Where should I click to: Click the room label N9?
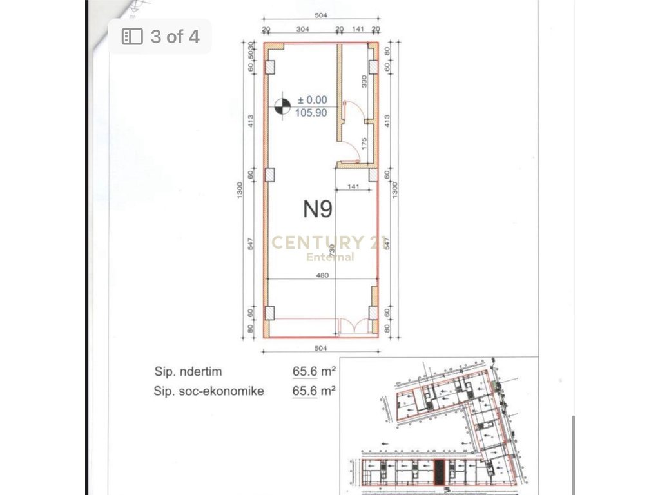318,208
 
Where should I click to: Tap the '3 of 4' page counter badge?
160,36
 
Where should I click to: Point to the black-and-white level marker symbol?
282,106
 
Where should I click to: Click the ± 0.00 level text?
313,100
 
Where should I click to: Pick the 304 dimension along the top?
302,30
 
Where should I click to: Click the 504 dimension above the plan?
320,15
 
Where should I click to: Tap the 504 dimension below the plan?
320,348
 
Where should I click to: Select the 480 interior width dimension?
323,275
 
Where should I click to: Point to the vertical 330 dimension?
364,81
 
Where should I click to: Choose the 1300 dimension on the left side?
240,189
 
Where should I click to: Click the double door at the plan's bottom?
354,327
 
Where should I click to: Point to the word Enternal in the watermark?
330,257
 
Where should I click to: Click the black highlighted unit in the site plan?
439,472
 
